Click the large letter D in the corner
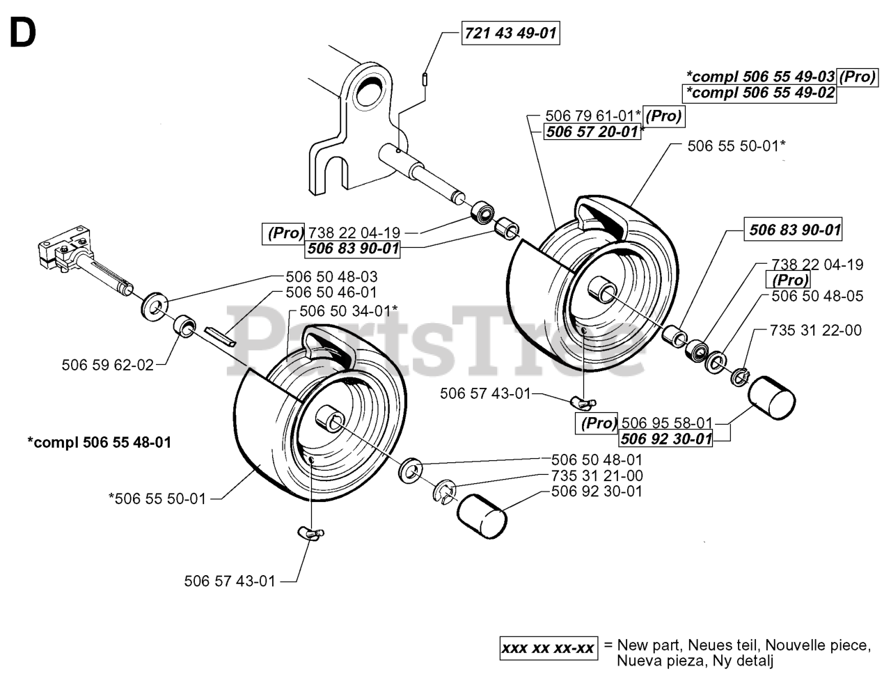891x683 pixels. [22, 33]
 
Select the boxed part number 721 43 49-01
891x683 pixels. [511, 33]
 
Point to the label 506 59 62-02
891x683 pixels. [107, 363]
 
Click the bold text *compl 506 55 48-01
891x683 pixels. [99, 442]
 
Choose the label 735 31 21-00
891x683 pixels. [597, 476]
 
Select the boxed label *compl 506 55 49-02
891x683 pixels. [759, 93]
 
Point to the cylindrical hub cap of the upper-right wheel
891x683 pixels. [771, 397]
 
